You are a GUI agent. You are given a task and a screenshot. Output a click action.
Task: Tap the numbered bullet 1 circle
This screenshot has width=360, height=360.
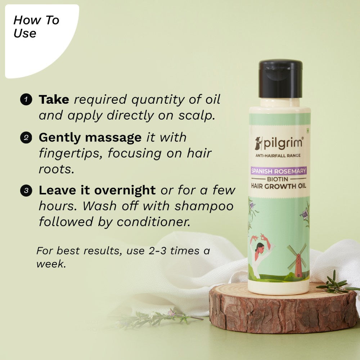pyautogui.click(x=27, y=99)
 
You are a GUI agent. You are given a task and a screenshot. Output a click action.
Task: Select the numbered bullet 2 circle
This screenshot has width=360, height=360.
pyautogui.click(x=27, y=138)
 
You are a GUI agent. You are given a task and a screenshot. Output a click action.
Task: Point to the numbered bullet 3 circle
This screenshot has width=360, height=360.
pyautogui.click(x=27, y=190)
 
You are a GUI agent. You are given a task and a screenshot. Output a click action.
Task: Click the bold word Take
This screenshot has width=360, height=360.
pyautogui.click(x=54, y=100)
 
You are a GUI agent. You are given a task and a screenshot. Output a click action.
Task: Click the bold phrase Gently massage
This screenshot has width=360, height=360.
pyautogui.click(x=90, y=138)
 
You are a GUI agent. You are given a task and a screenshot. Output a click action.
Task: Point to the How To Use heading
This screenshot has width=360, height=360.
pyautogui.click(x=36, y=27)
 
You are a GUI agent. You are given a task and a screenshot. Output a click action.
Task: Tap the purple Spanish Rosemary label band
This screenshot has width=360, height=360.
pyautogui.click(x=279, y=171)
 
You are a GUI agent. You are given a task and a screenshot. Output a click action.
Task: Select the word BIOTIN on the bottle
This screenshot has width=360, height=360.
pyautogui.click(x=279, y=179)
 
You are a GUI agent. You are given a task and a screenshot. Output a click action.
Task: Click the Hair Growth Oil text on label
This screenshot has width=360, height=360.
pyautogui.click(x=279, y=186)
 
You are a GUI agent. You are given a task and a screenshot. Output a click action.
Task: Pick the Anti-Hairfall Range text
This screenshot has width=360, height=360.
pyautogui.click(x=278, y=156)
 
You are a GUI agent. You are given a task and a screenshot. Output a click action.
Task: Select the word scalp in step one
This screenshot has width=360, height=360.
pyautogui.click(x=198, y=116)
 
